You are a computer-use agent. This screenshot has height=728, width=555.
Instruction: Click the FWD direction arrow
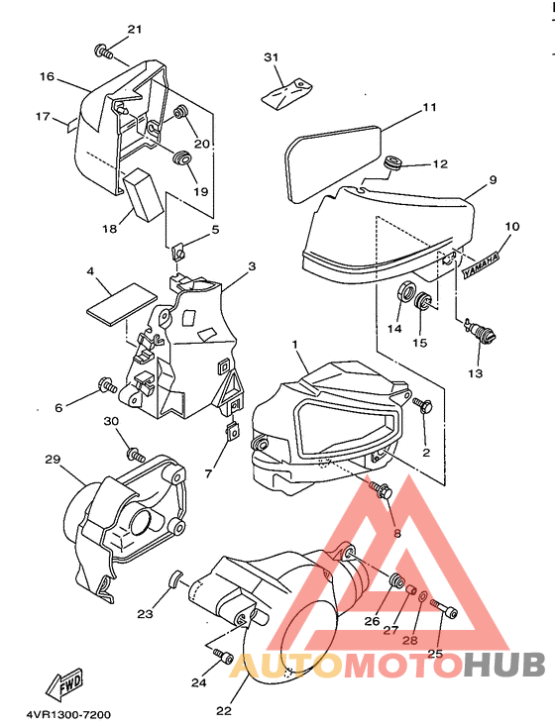click(x=64, y=684)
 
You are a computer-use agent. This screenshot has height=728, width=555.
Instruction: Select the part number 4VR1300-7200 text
click(x=68, y=714)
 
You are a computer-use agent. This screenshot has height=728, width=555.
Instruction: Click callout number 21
click(x=134, y=30)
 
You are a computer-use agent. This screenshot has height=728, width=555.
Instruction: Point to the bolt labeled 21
click(x=104, y=51)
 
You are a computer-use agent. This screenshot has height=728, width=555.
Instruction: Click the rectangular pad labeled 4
click(x=122, y=302)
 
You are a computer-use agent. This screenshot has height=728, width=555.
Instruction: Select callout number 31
click(x=271, y=57)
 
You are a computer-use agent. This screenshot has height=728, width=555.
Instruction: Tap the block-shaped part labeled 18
click(x=144, y=194)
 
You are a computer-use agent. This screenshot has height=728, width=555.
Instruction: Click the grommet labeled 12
click(x=392, y=163)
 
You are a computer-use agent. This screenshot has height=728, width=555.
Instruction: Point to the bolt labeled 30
click(x=136, y=454)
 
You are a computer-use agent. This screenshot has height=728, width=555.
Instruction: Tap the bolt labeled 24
click(x=223, y=657)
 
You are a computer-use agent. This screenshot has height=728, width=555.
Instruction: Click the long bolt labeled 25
click(x=444, y=609)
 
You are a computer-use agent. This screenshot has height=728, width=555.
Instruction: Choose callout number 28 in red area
click(x=410, y=640)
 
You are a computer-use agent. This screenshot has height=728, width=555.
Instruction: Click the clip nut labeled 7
click(x=233, y=431)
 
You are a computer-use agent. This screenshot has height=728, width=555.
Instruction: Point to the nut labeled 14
click(x=406, y=294)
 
